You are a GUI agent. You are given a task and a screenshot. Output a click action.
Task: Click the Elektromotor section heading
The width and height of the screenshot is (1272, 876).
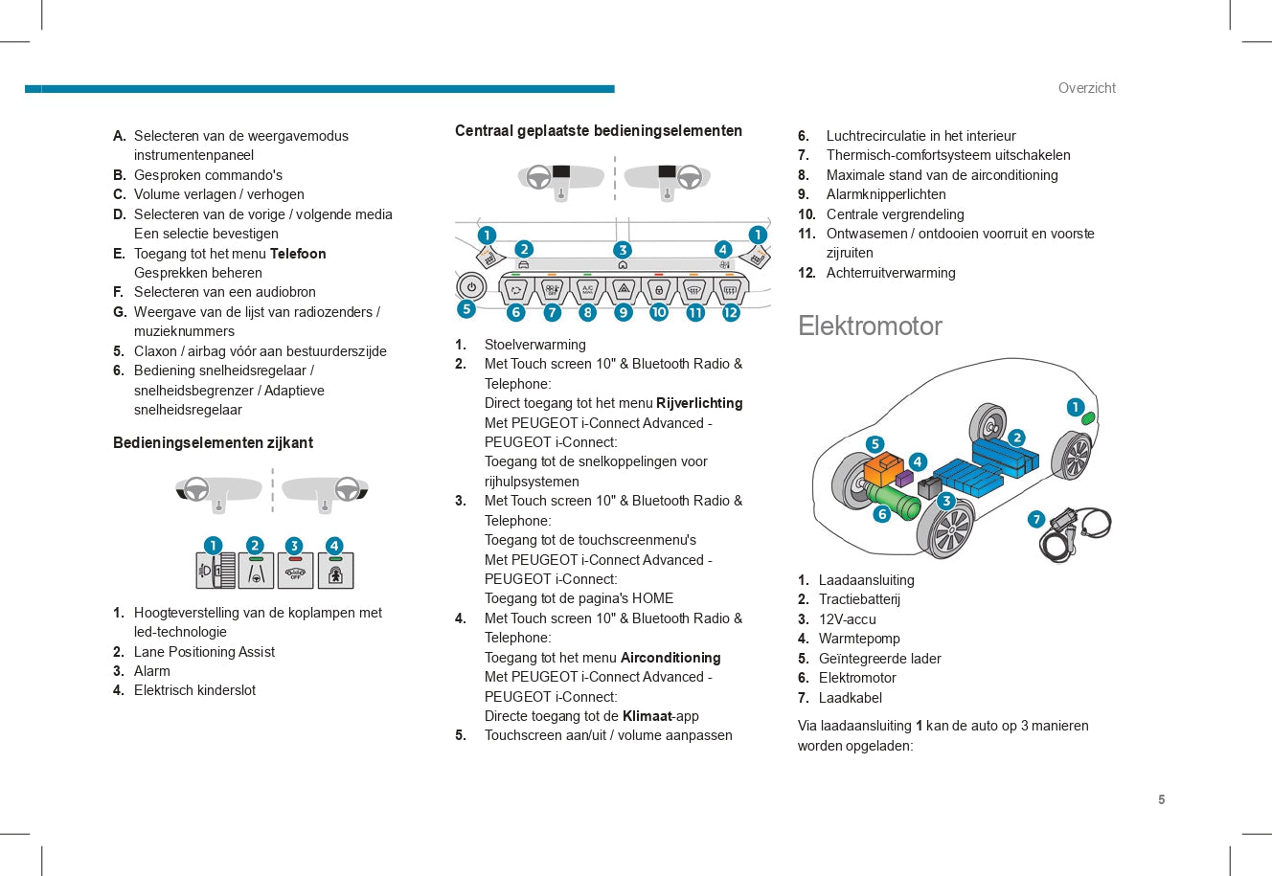coord(870,326)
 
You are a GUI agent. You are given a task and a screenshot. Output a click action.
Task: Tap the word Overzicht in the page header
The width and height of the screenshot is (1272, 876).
coord(1086,88)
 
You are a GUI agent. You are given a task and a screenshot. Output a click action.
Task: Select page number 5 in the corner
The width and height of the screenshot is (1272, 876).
coord(1161,799)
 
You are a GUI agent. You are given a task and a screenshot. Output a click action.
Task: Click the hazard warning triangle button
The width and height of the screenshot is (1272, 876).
coord(624,289)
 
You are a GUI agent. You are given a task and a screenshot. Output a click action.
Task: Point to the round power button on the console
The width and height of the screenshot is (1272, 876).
coord(471,286)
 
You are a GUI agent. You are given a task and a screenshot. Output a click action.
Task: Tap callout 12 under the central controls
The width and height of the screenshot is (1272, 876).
coord(730,312)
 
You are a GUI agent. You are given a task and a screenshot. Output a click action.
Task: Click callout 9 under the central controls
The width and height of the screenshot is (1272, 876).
coord(623,312)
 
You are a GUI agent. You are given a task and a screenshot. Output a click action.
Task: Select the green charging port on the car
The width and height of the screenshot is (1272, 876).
coord(1087,419)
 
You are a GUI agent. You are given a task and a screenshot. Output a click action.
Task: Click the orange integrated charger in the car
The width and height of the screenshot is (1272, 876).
coord(882,468)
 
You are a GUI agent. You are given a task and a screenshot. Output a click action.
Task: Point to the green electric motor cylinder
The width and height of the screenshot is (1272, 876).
coord(894,500)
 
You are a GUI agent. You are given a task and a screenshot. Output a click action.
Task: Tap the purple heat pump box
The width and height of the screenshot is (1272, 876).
coord(904,478)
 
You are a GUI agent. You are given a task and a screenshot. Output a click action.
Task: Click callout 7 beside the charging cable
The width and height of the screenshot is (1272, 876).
coord(1036,519)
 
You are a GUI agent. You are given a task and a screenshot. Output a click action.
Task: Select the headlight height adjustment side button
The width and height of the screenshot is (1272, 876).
coord(216,570)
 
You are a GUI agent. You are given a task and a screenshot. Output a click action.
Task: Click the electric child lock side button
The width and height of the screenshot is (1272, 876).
coord(335,570)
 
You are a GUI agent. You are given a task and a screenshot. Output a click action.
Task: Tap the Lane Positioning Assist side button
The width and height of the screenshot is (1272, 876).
coord(256,570)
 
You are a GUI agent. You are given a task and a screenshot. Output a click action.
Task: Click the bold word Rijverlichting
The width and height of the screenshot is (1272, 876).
coord(699,403)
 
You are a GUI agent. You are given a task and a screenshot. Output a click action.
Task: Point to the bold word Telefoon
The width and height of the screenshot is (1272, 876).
coord(298,254)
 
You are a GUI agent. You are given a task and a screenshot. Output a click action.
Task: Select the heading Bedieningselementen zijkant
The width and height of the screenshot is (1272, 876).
coord(213,443)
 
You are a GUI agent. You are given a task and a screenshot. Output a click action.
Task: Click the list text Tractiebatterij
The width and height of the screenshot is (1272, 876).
coord(859,599)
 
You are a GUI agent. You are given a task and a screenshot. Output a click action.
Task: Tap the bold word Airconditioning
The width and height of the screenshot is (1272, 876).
coord(670,658)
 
